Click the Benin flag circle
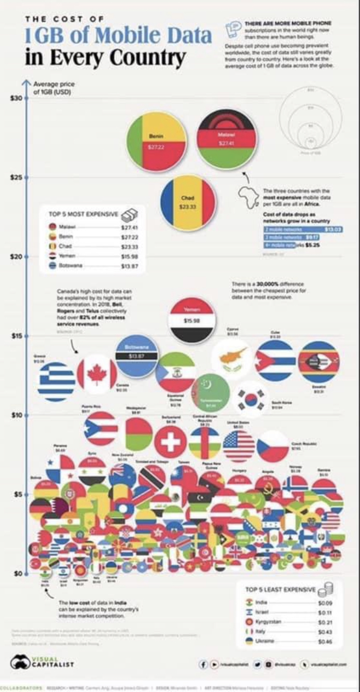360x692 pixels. tap(157, 142)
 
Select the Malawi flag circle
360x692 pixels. tap(227, 139)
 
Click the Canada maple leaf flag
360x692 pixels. tap(97, 372)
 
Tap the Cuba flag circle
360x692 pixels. tap(274, 360)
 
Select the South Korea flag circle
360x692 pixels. tap(252, 399)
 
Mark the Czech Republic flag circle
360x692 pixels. tap(272, 446)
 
